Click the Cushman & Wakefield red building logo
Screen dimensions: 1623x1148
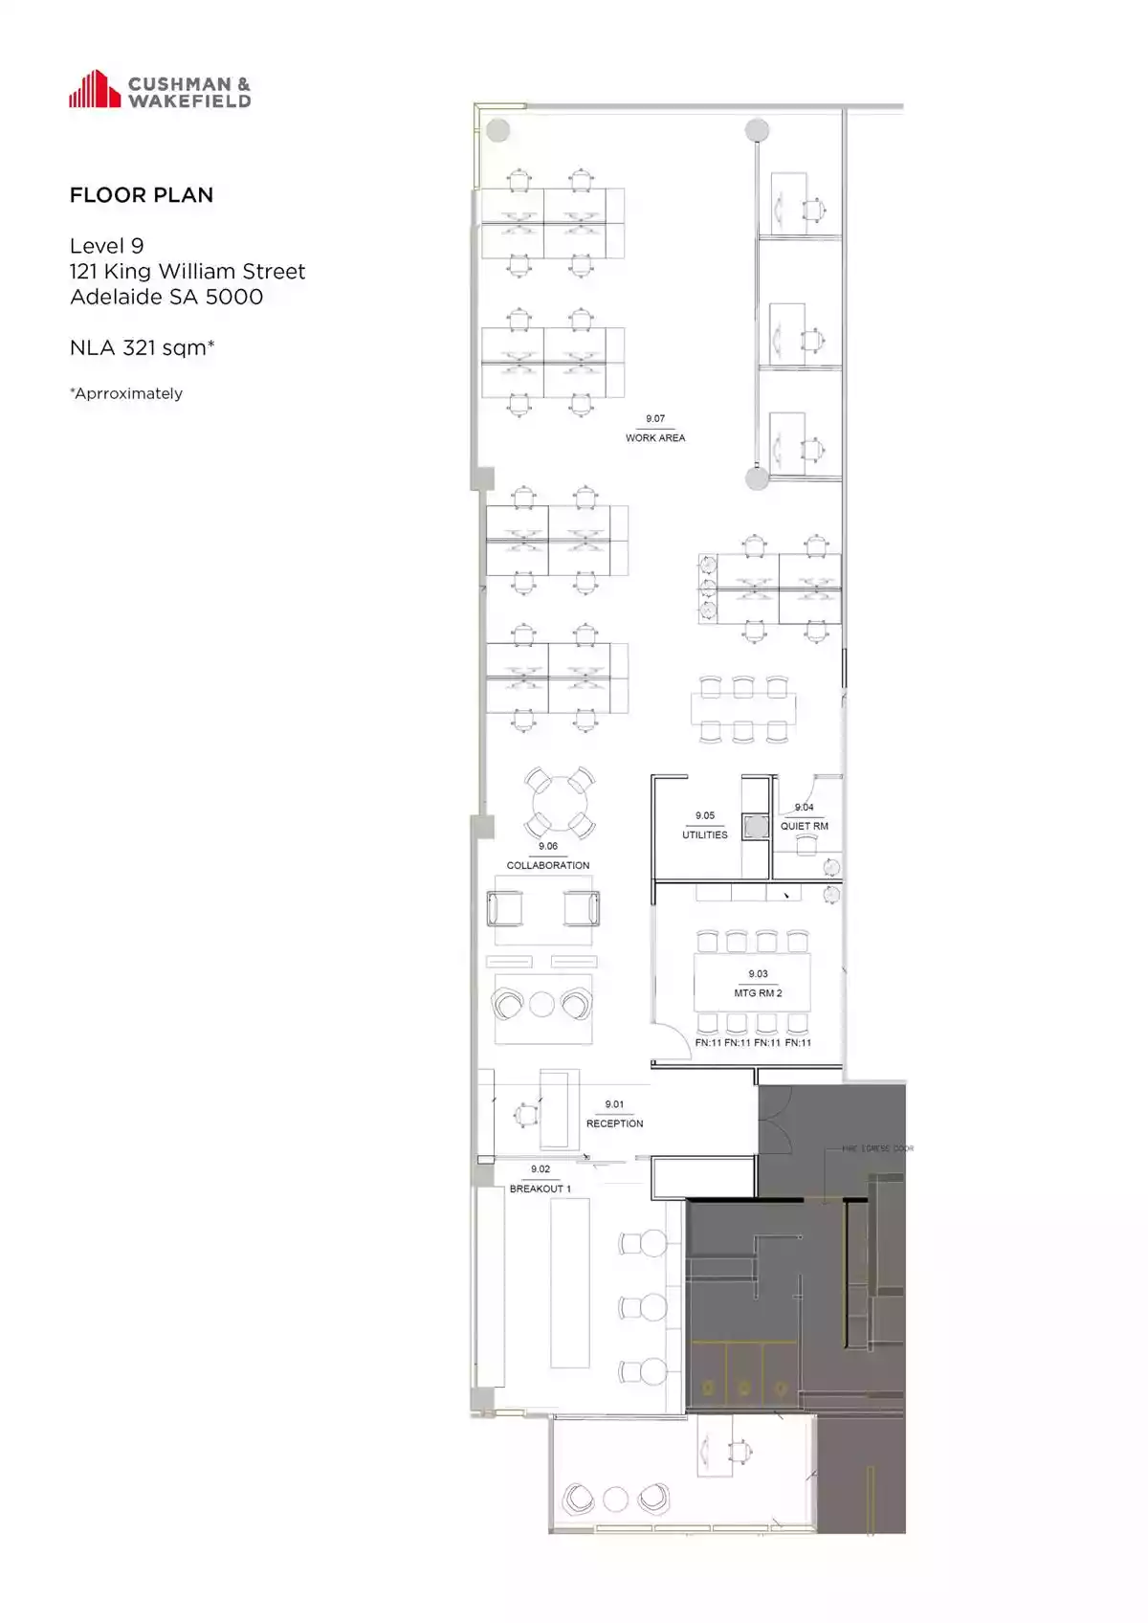(x=94, y=89)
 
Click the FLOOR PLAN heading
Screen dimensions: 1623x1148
(x=142, y=195)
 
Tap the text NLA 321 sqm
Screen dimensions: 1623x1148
(x=142, y=347)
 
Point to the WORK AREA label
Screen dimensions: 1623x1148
(x=655, y=438)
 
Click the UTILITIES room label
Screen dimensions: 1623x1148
(x=705, y=834)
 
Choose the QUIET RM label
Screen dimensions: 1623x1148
(x=805, y=826)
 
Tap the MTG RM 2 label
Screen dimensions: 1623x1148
(x=758, y=993)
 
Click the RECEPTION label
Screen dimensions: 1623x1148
(x=614, y=1123)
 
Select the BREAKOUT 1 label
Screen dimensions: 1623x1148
(x=541, y=1189)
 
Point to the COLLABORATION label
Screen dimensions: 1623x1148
(x=548, y=865)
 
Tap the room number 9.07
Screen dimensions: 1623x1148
(x=655, y=419)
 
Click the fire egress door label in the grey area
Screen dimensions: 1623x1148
(x=877, y=1148)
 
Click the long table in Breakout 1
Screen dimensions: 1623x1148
(x=570, y=1282)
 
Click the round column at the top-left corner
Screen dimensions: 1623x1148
(x=497, y=130)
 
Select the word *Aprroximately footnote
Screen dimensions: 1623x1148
(x=126, y=393)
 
